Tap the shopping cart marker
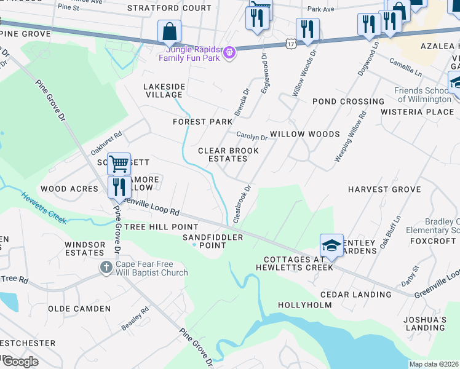(119, 164)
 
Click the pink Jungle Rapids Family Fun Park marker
(229, 53)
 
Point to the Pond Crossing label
(348, 101)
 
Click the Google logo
(20, 362)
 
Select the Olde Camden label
(79, 309)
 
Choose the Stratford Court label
(169, 9)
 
